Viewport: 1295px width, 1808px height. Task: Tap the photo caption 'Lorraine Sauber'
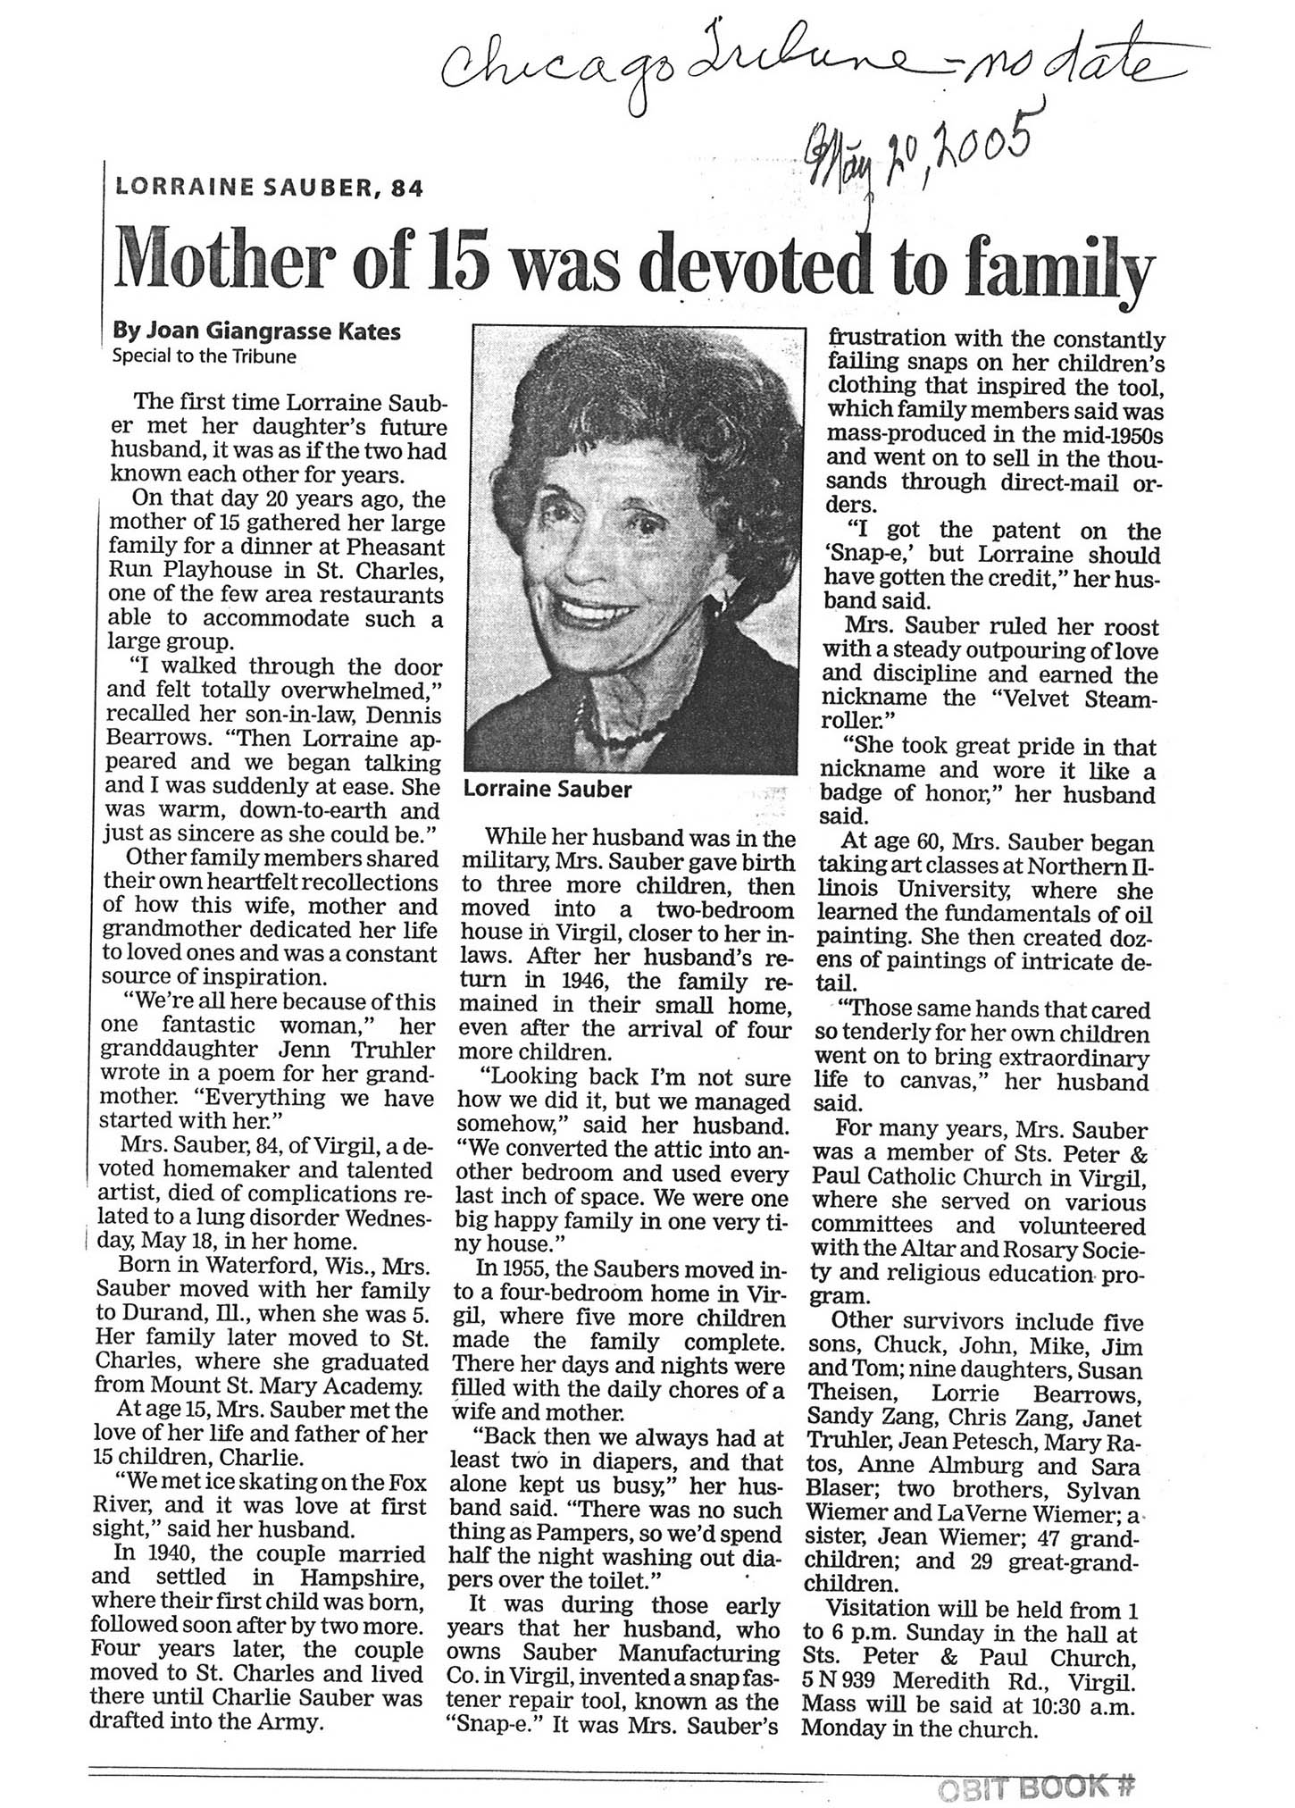547,790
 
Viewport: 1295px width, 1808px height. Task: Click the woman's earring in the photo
714,607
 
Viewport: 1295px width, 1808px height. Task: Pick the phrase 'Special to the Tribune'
204,356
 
